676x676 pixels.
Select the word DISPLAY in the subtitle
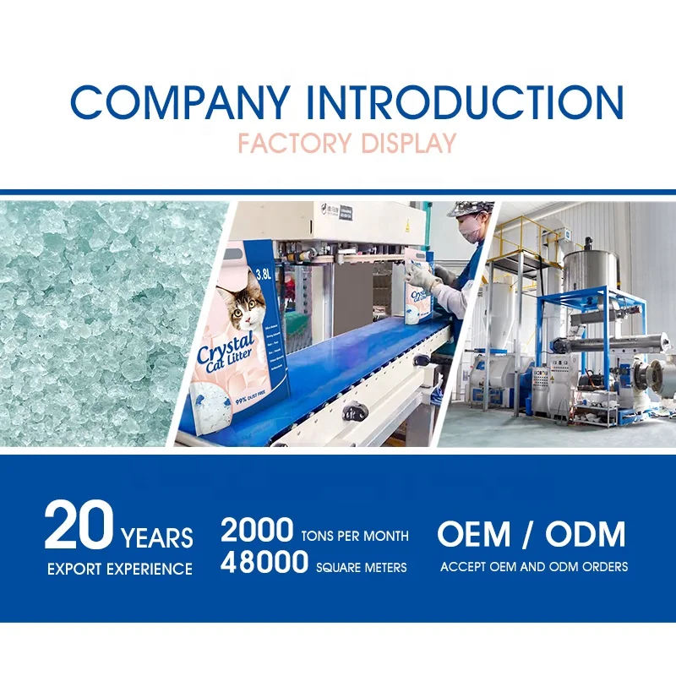tap(408, 143)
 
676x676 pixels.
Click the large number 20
tap(78, 526)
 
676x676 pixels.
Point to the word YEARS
tap(157, 537)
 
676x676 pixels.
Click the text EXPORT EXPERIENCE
tap(119, 568)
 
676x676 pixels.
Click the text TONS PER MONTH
tap(355, 536)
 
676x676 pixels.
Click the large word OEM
tap(474, 534)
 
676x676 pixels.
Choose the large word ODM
tap(585, 534)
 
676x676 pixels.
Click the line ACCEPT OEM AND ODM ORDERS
tap(534, 566)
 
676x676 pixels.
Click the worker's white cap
tap(470, 208)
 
